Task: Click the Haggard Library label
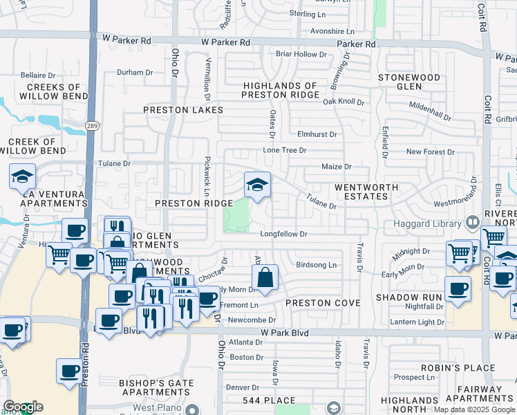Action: coord(423,223)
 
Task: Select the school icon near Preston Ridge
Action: coord(257,185)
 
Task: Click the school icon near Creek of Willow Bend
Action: coord(22,177)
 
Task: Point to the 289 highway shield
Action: coord(92,125)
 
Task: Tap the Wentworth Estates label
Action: coord(366,192)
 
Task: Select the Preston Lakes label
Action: coord(183,110)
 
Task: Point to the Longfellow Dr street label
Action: coord(283,234)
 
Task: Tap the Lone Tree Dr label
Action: coord(284,150)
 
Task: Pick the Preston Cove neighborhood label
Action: coord(323,303)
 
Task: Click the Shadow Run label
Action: coord(408,297)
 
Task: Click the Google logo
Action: coord(23,407)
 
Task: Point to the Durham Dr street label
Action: coord(135,72)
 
